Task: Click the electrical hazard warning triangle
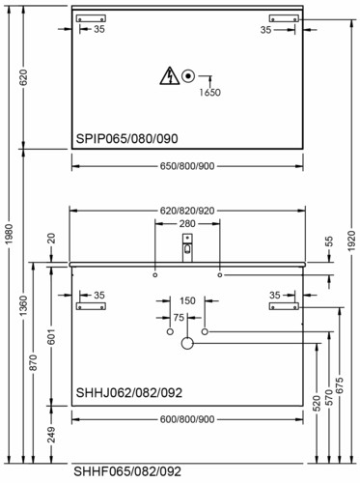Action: tap(170, 76)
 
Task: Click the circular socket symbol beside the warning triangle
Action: tap(188, 76)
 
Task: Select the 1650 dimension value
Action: tap(209, 93)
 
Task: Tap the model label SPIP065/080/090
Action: tap(126, 139)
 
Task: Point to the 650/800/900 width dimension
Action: tap(187, 166)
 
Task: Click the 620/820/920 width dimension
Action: tap(187, 211)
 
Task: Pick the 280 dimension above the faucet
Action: tap(187, 223)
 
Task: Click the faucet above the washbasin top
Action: tap(187, 247)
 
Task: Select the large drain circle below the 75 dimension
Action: tap(187, 343)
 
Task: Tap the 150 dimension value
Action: tap(187, 300)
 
